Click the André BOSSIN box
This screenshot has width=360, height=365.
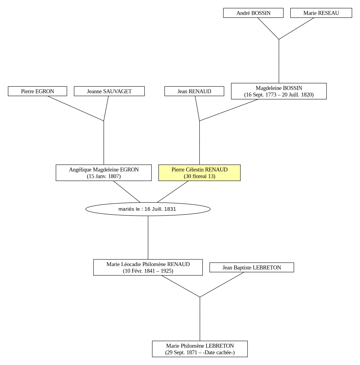pyautogui.click(x=253, y=13)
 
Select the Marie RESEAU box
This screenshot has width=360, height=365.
pyautogui.click(x=321, y=13)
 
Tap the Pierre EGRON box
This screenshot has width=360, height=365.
pyautogui.click(x=37, y=91)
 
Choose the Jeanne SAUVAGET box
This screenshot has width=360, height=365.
pyautogui.click(x=109, y=91)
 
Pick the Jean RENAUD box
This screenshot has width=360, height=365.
pyautogui.click(x=194, y=91)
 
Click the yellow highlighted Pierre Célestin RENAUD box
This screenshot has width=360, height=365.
pyautogui.click(x=199, y=173)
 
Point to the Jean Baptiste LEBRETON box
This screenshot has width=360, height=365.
pyautogui.click(x=252, y=268)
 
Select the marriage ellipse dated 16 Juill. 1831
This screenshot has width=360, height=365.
pyautogui.click(x=148, y=209)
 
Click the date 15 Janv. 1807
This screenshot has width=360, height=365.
pyautogui.click(x=104, y=176)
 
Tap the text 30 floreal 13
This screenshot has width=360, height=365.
pyautogui.click(x=200, y=176)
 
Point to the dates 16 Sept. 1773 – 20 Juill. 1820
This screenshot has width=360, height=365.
pyautogui.click(x=279, y=95)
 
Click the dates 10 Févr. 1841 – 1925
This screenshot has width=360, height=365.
pyautogui.click(x=148, y=271)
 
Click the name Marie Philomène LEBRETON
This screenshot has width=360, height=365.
pyautogui.click(x=200, y=346)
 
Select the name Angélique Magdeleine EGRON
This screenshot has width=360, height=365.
pyautogui.click(x=104, y=170)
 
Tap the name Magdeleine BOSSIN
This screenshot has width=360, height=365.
pyautogui.click(x=279, y=88)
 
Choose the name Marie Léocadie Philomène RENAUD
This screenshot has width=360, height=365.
pyautogui.click(x=148, y=264)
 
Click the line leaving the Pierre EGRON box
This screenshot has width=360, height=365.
pyautogui.click(x=76, y=108)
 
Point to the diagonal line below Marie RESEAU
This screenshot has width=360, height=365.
pyautogui.click(x=296, y=29)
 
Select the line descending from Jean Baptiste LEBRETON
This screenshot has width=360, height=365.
pyautogui.click(x=222, y=285)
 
